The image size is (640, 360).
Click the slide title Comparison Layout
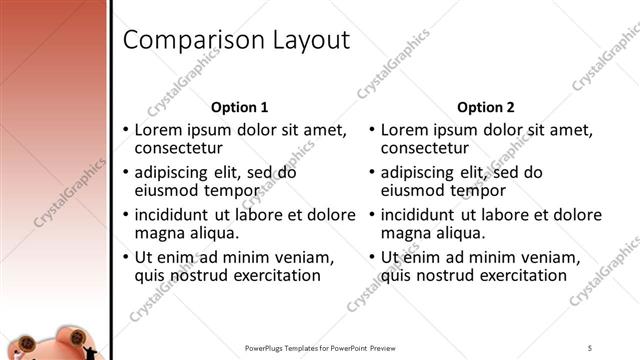236,40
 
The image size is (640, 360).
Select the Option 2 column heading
485,107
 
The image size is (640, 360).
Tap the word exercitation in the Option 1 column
274,276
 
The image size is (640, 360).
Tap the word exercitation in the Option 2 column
521,276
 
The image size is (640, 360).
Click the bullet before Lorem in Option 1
125,130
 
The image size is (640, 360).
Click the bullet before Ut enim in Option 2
372,257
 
